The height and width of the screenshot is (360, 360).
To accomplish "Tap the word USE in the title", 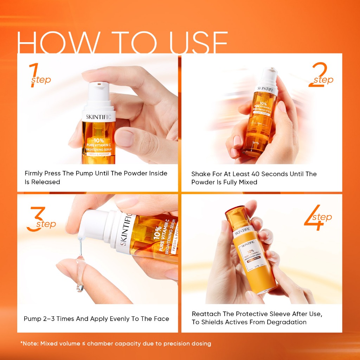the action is (x=198, y=43).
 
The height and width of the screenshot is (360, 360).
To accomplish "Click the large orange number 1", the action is (x=34, y=75).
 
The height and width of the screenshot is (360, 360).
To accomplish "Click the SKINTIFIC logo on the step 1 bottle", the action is (x=98, y=117).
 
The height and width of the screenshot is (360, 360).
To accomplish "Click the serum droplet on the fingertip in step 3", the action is (x=80, y=287).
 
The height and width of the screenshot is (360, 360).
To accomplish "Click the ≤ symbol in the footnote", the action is (x=84, y=344).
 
